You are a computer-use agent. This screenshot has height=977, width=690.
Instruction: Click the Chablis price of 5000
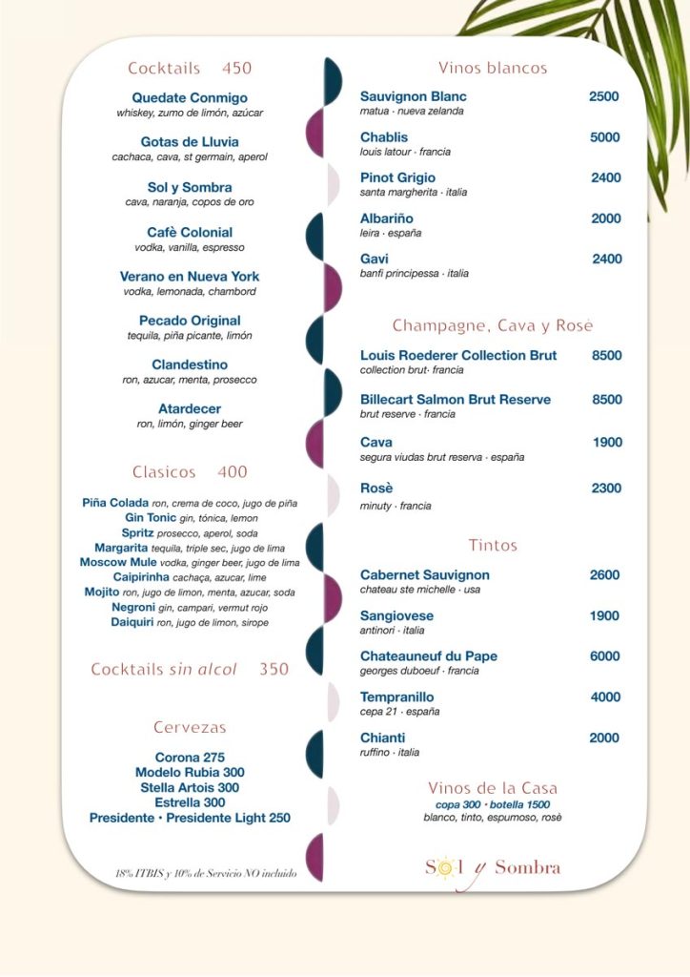click(604, 137)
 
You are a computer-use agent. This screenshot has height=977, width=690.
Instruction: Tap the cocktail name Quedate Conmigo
click(190, 98)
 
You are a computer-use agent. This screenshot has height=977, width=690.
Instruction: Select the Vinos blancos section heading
click(493, 68)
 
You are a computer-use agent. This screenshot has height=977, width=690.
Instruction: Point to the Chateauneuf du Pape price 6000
click(604, 656)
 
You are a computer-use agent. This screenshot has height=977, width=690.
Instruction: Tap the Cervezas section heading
click(190, 727)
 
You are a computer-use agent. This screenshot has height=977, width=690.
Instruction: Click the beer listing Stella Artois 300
click(190, 788)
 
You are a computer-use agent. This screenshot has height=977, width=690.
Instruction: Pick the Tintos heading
click(493, 546)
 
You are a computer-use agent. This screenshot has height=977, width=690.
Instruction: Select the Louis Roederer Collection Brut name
click(458, 356)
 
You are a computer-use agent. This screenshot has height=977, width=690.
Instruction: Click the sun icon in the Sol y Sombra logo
click(443, 867)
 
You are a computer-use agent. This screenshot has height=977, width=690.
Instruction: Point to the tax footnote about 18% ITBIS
click(206, 873)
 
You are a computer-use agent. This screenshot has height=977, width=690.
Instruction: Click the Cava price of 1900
click(607, 443)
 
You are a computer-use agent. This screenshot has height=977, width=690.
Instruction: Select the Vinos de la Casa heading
click(493, 788)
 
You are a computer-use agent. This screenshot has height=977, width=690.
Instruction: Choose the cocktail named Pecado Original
click(190, 321)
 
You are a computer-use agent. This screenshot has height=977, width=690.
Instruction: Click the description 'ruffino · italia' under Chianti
click(390, 753)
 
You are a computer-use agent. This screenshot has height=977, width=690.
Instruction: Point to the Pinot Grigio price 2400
click(605, 177)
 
